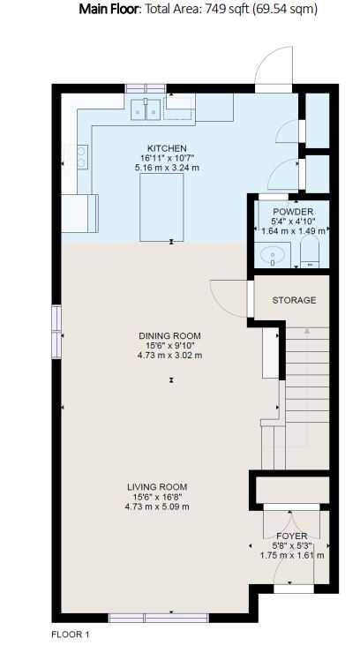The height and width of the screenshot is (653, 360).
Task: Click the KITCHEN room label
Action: pyautogui.click(x=167, y=148)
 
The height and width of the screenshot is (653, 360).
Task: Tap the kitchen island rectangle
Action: pyautogui.click(x=161, y=207)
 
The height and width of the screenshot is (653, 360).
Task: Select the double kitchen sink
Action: pyautogui.click(x=146, y=109)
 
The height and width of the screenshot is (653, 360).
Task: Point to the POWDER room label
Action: pyautogui.click(x=294, y=212)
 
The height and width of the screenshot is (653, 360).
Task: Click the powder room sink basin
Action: pyautogui.click(x=273, y=254)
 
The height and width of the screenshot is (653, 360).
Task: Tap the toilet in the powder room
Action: pyautogui.click(x=309, y=252)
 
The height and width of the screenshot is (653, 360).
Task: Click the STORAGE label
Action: pyautogui.click(x=294, y=300)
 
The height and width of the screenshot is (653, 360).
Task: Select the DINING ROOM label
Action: pyautogui.click(x=169, y=335)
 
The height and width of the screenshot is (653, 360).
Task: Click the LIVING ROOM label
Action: pyautogui.click(x=157, y=487)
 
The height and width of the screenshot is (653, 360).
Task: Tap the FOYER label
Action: pyautogui.click(x=292, y=536)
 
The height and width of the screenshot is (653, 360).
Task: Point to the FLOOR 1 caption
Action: pyautogui.click(x=71, y=634)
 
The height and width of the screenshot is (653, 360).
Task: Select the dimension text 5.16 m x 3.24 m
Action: pyautogui.click(x=167, y=169)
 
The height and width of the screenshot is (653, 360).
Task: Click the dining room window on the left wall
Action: pyautogui.click(x=56, y=332)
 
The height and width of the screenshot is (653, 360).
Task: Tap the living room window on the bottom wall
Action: pyautogui.click(x=158, y=618)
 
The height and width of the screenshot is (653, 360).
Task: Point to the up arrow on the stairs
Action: pyautogui.click(x=307, y=331)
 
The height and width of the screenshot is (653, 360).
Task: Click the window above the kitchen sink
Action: pyautogui.click(x=146, y=89)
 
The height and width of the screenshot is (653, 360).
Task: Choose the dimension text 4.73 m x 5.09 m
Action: pyautogui.click(x=157, y=507)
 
